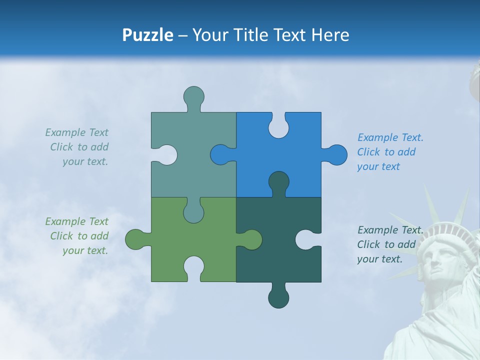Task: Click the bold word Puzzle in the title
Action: pyautogui.click(x=148, y=35)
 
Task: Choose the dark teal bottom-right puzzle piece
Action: pyautogui.click(x=270, y=260)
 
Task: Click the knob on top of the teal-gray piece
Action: pyautogui.click(x=193, y=97)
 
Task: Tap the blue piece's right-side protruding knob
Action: pyautogui.click(x=336, y=154)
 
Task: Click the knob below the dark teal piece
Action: pyautogui.click(x=278, y=297)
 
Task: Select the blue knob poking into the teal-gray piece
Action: pyautogui.click(x=220, y=154)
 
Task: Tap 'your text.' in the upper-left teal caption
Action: pyautogui.click(x=85, y=161)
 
